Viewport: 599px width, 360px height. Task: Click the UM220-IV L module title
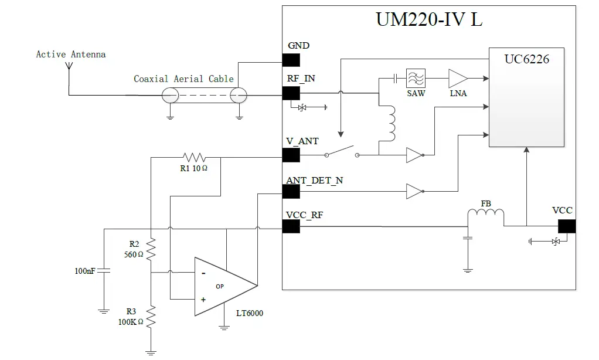[429, 19]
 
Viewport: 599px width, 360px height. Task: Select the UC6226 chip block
[526, 97]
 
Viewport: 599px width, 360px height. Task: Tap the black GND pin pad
[291, 60]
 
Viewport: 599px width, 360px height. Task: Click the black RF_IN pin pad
[291, 93]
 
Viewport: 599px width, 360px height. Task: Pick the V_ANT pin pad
[291, 155]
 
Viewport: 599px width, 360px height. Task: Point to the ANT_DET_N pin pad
[291, 191]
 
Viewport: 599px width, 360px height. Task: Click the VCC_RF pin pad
[291, 226]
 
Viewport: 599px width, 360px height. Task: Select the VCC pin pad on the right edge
[566, 226]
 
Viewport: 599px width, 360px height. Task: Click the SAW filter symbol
[416, 78]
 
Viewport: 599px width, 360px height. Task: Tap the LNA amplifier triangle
[458, 78]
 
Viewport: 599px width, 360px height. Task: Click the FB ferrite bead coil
[485, 218]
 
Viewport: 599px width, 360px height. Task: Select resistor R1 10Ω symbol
[193, 157]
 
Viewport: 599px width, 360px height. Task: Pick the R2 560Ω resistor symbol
[151, 249]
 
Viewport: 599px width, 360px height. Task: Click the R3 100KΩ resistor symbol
[151, 317]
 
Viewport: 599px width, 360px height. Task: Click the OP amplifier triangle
[223, 286]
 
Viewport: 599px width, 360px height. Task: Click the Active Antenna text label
[71, 55]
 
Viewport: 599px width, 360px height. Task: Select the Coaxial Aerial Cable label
[183, 79]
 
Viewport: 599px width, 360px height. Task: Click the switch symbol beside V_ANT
[341, 152]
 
